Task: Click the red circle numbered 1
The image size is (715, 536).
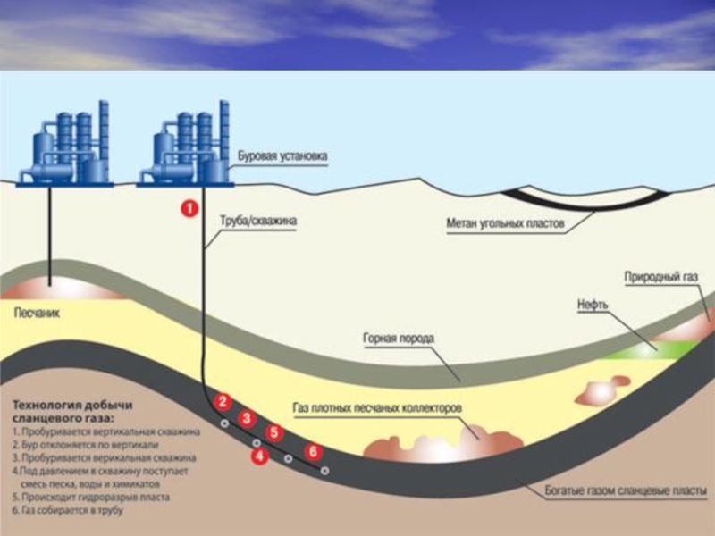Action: pyautogui.click(x=189, y=209)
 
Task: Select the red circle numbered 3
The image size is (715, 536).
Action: pyautogui.click(x=248, y=418)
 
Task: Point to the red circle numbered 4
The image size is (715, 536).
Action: pyautogui.click(x=260, y=456)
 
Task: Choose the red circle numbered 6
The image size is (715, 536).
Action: pyautogui.click(x=312, y=451)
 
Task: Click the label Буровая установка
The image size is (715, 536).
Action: pyautogui.click(x=282, y=156)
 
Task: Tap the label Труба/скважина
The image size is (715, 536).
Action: pyautogui.click(x=258, y=216)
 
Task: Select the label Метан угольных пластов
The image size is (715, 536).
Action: pyautogui.click(x=505, y=223)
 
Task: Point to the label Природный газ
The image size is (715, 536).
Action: pyautogui.click(x=660, y=277)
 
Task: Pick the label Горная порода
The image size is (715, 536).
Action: pyautogui.click(x=399, y=339)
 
